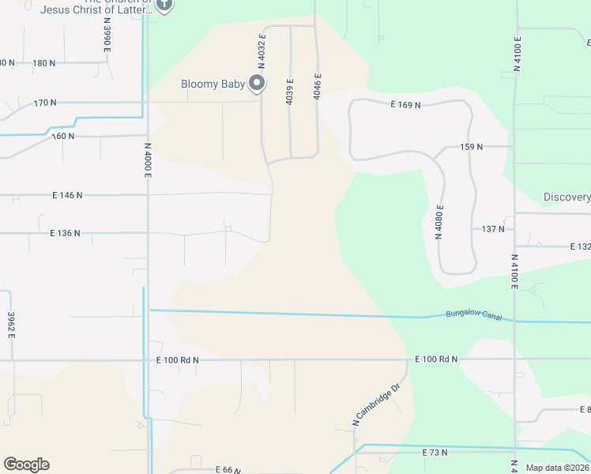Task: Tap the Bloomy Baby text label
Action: click(x=213, y=85)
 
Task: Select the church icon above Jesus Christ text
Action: click(x=164, y=5)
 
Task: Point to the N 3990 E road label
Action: click(x=107, y=38)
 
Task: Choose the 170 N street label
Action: click(x=45, y=103)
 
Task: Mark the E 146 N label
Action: click(x=67, y=194)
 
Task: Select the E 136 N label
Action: click(x=66, y=234)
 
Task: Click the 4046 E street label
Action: click(x=317, y=85)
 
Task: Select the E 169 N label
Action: click(x=405, y=104)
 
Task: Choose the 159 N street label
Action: click(x=471, y=147)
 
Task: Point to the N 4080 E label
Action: click(x=439, y=221)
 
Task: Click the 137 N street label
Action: click(x=492, y=229)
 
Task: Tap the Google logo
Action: click(x=26, y=465)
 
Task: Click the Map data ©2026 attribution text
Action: click(x=557, y=468)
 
